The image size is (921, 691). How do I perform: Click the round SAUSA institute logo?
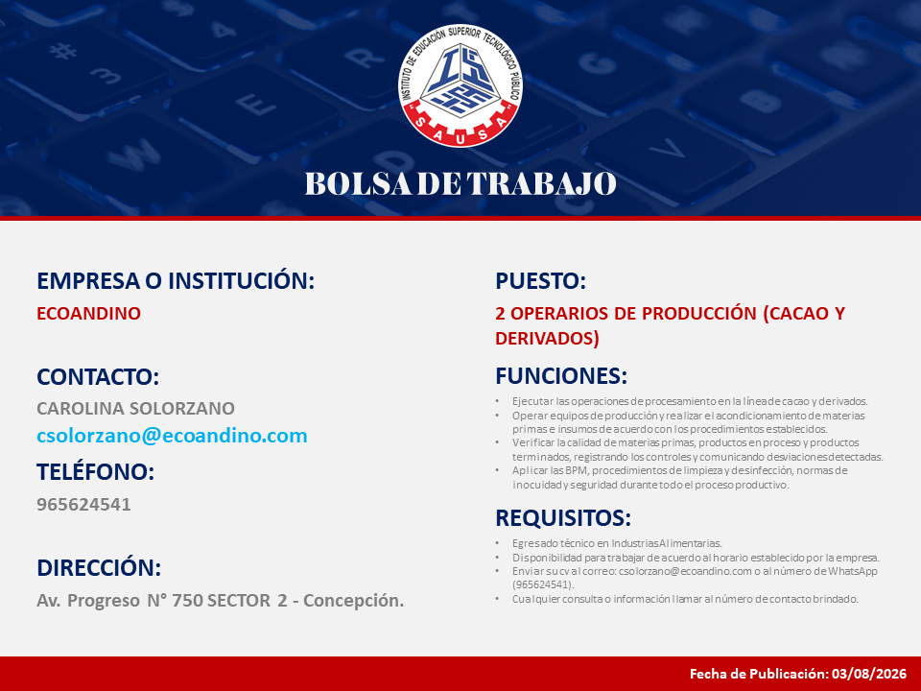tap(460, 85)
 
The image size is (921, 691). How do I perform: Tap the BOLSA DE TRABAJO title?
tap(460, 183)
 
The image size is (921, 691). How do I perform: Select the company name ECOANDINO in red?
tap(88, 313)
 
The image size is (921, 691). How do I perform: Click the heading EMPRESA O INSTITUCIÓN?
tap(176, 280)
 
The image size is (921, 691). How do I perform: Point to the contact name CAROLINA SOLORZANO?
tap(135, 408)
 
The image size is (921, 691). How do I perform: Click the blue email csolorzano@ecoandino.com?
tap(172, 436)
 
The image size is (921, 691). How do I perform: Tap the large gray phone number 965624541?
tap(83, 504)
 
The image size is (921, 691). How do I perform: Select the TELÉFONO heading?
tap(95, 471)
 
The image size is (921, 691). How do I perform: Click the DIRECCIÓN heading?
tap(99, 567)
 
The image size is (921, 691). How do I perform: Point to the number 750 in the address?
tap(187, 600)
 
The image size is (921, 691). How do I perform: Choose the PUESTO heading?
tap(540, 280)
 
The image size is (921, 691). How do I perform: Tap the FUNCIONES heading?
tap(561, 375)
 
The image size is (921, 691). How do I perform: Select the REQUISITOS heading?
tap(563, 517)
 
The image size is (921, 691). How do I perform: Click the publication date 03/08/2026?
tap(869, 674)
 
